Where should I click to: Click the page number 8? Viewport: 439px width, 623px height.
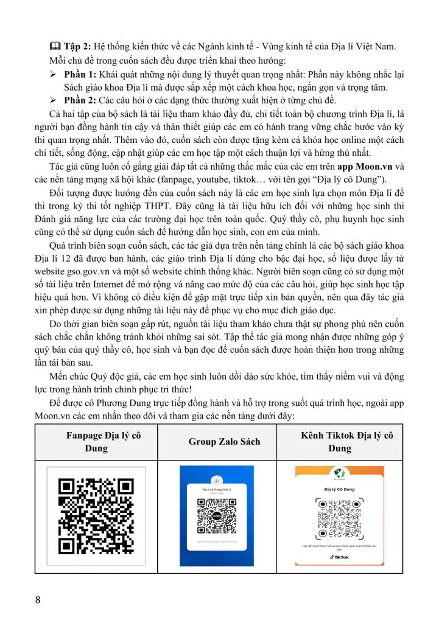click(x=38, y=600)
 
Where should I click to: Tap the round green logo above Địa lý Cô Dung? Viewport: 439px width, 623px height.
click(x=340, y=475)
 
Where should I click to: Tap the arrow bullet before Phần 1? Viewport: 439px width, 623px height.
click(x=53, y=74)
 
